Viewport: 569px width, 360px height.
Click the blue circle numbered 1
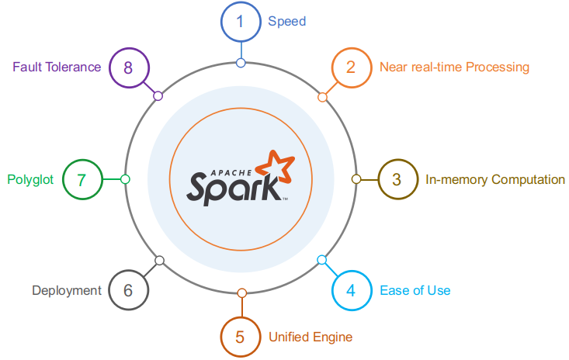click(x=241, y=22)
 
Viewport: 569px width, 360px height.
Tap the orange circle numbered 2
click(x=351, y=67)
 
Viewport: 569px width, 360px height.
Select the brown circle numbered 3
click(x=397, y=179)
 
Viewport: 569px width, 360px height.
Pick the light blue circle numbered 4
click(x=351, y=291)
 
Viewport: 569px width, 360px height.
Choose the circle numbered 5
click(x=241, y=337)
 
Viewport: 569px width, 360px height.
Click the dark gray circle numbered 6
click(x=128, y=291)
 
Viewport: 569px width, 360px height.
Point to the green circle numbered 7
click(x=82, y=179)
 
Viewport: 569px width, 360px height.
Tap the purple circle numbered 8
click(x=128, y=67)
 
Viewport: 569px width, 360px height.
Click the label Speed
click(x=286, y=22)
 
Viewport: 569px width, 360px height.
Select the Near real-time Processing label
click(x=454, y=67)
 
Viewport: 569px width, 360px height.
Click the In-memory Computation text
click(x=495, y=179)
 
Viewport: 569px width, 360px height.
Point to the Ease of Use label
click(x=415, y=291)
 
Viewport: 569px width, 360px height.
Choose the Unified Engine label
click(x=310, y=337)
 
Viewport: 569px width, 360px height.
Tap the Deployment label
click(x=67, y=291)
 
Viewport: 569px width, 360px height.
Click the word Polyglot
click(x=30, y=179)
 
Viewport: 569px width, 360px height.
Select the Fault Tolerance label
click(x=57, y=67)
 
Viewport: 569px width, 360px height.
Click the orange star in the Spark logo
click(x=277, y=165)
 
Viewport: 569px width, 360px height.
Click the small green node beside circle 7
click(x=125, y=179)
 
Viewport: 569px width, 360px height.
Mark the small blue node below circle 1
click(x=241, y=63)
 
